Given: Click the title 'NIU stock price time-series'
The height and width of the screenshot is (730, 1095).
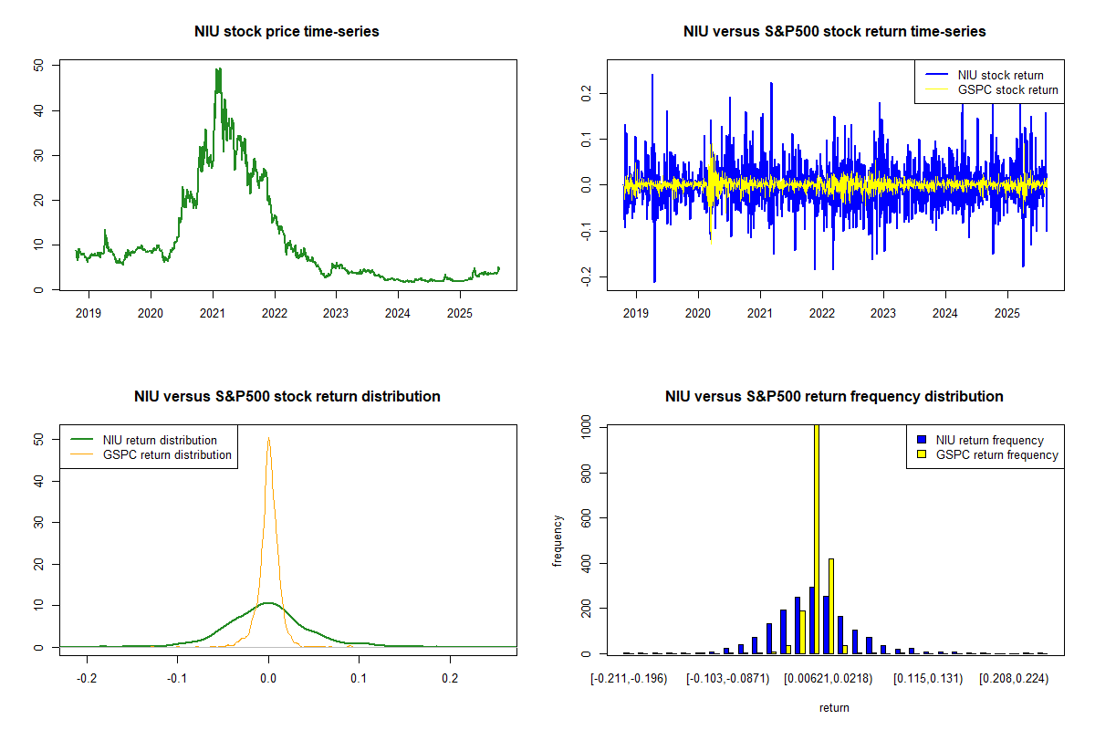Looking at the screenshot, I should click(287, 31).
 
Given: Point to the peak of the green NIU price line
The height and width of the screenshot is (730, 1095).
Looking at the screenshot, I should click(218, 69).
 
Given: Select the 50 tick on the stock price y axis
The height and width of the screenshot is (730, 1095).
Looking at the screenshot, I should click(37, 66).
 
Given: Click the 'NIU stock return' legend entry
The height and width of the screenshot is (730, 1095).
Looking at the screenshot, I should click(1000, 75).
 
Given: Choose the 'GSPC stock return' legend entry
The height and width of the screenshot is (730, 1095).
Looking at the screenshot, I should click(1007, 89).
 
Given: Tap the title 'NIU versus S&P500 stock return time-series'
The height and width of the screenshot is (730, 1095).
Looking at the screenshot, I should click(834, 31).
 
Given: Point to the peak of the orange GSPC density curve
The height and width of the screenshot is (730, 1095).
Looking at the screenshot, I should click(268, 437).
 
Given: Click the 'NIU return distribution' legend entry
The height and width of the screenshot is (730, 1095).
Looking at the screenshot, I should click(160, 440).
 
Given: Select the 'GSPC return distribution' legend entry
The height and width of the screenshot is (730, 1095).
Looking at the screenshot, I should click(167, 454).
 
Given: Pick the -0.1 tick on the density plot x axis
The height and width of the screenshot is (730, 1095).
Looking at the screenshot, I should click(177, 679).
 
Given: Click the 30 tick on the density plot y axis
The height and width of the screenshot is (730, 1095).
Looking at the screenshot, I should click(37, 522).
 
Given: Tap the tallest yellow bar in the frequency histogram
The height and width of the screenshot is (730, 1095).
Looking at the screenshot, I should click(816, 538).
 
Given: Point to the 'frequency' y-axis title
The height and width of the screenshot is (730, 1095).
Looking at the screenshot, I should click(558, 540).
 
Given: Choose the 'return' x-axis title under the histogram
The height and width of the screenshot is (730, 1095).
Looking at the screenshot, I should click(834, 707).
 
